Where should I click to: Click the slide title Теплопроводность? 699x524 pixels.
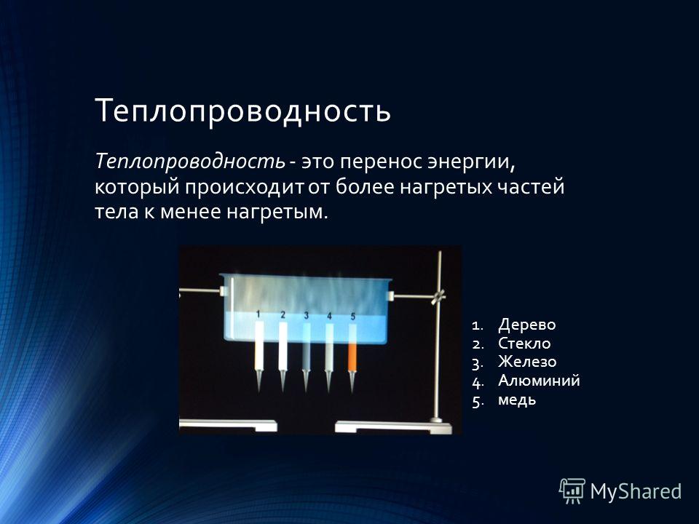coord(243,111)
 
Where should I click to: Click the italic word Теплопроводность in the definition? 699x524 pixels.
coord(190,161)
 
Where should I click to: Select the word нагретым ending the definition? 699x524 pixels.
coord(277,212)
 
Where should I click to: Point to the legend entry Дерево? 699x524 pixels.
coord(527,325)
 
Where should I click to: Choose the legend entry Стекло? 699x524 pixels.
coord(524,343)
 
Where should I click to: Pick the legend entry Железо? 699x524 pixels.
coord(527,362)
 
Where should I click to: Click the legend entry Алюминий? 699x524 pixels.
coord(539,381)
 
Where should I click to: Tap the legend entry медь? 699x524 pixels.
coord(517,400)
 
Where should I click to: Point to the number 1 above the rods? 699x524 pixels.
coord(258,314)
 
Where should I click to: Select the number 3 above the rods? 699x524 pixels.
coord(307,315)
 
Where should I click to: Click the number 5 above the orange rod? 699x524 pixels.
coord(353,317)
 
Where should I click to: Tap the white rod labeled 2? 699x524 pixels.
coord(283,346)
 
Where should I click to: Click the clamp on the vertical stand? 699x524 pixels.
coord(438,296)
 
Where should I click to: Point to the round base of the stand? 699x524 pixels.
coord(436,420)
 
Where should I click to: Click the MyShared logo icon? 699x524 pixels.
coord(572,491)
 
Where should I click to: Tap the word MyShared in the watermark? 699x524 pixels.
coord(636,491)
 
